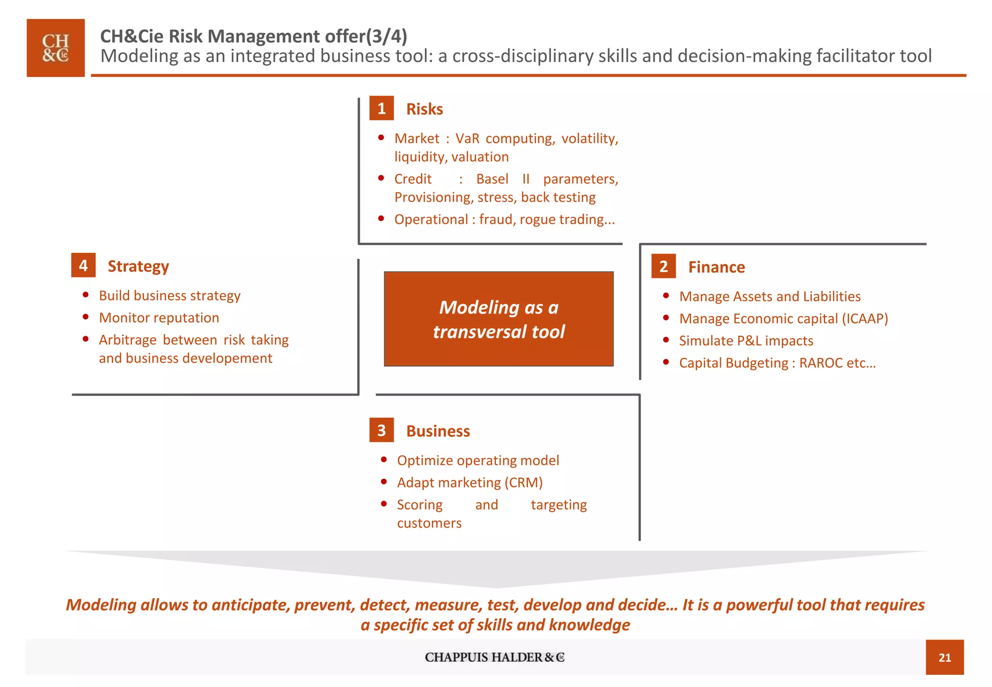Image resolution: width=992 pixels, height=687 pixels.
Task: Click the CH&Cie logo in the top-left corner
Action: point(56,48)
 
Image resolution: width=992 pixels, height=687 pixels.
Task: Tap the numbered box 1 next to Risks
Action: point(381,108)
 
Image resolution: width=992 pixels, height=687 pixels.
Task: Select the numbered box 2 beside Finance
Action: point(663,266)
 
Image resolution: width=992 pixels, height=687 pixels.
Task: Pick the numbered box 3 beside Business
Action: point(381,430)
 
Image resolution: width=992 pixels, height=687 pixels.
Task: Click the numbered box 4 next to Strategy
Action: point(83,265)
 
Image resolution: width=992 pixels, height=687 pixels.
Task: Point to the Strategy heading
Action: point(138,266)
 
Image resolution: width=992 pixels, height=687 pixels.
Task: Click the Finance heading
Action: point(716,267)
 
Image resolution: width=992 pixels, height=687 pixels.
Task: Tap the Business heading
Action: point(438,431)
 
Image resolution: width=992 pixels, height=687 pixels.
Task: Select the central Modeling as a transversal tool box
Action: point(498,319)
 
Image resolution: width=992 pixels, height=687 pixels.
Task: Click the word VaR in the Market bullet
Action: point(467,139)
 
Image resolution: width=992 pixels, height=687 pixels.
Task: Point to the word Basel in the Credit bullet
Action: point(492,179)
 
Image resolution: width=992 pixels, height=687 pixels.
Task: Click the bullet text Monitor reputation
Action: point(159,318)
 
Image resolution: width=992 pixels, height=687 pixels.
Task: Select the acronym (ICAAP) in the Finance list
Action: point(865,318)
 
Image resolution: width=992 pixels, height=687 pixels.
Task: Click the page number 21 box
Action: point(944,657)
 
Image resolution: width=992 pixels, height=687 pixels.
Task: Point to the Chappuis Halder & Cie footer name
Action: point(495,657)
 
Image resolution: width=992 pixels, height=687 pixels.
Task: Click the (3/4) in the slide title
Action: point(387,36)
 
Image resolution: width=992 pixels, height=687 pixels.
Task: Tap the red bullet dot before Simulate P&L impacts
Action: point(666,340)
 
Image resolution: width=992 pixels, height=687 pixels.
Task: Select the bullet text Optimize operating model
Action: point(478,460)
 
